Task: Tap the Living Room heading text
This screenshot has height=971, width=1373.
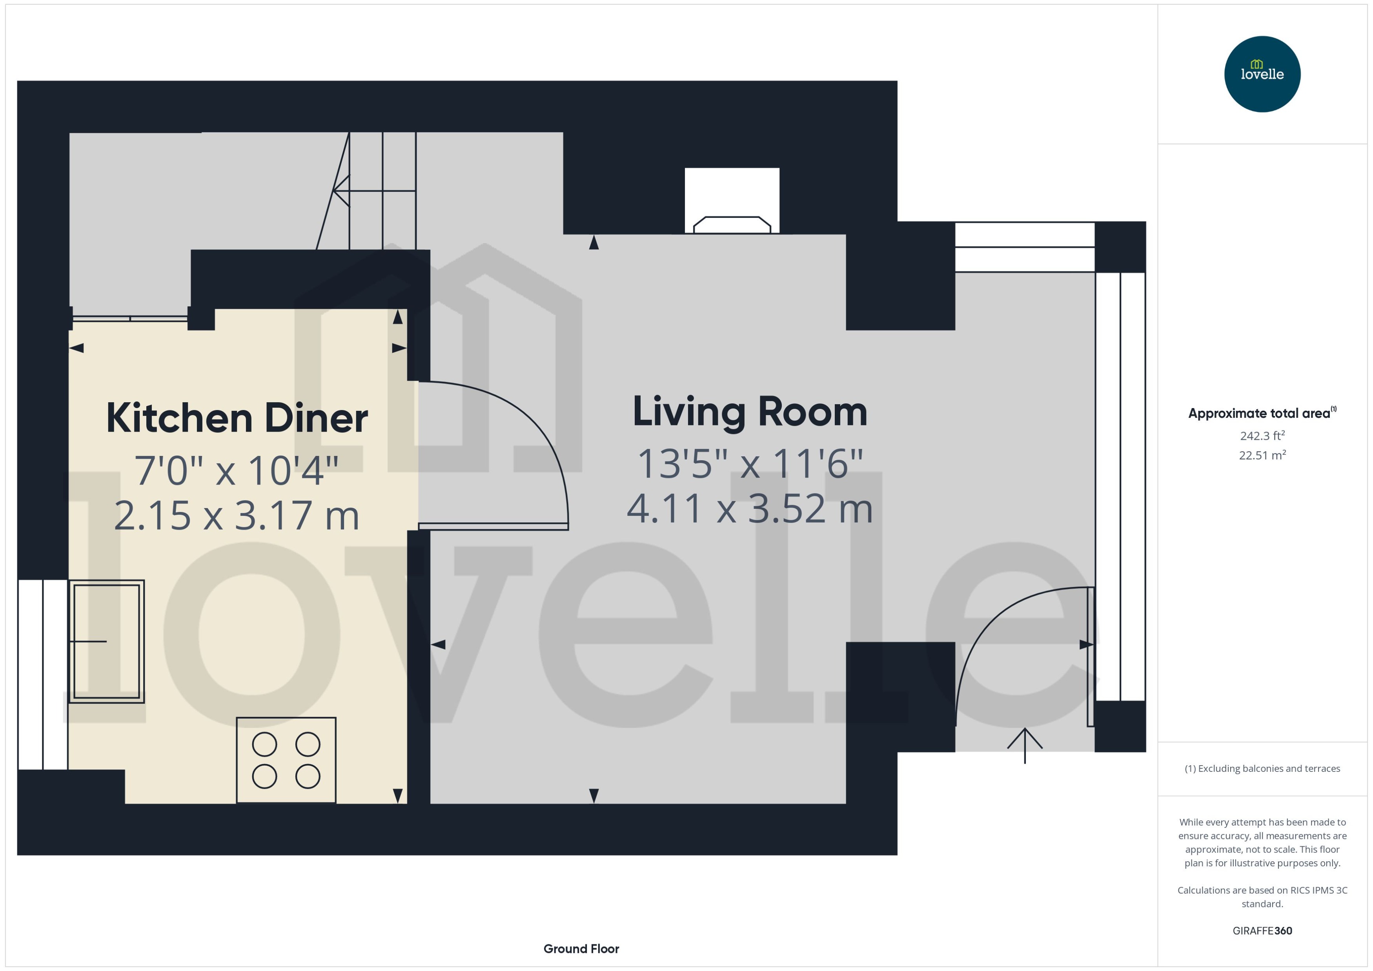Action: pos(750,412)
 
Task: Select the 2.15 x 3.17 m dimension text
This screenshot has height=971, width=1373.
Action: pos(237,515)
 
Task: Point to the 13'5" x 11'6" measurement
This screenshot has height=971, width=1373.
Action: pos(750,463)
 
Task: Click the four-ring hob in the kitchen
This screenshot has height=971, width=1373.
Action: pos(286,760)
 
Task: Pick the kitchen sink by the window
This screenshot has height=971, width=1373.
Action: pos(106,641)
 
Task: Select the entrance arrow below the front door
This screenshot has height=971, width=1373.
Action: pos(1024,745)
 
